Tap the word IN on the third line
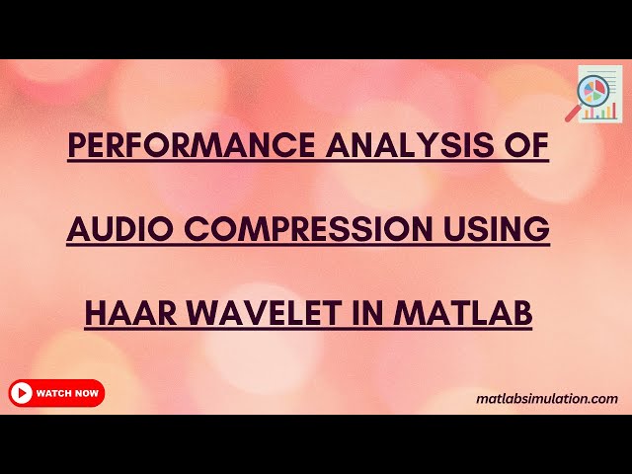click(x=366, y=313)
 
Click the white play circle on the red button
click(x=22, y=393)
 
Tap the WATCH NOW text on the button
click(x=67, y=393)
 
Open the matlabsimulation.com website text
click(x=546, y=399)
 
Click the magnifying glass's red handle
click(x=572, y=115)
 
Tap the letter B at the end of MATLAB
click(x=523, y=313)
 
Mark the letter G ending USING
click(x=539, y=229)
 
